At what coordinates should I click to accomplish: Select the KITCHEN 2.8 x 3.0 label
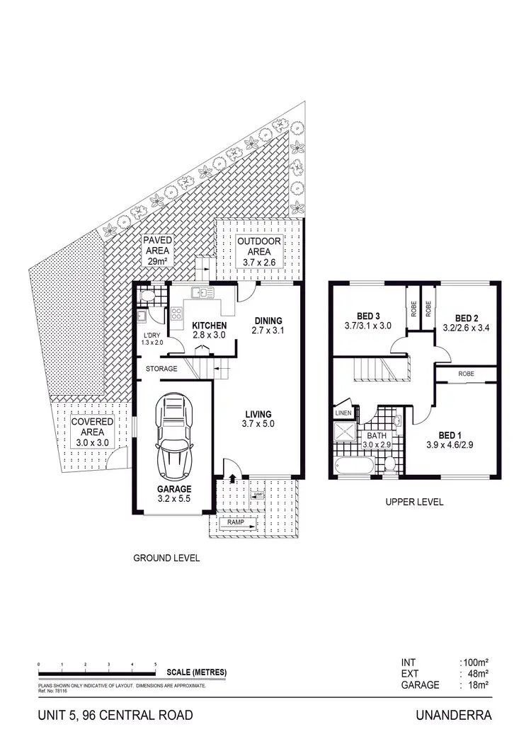tap(208, 331)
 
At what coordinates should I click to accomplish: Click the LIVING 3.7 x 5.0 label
tap(258, 419)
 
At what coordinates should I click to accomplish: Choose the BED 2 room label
tap(467, 323)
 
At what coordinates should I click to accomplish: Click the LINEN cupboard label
tap(343, 413)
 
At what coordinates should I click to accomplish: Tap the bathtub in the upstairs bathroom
tap(354, 466)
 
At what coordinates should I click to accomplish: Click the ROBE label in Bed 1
tap(466, 373)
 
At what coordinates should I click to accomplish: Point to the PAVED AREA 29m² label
tap(158, 251)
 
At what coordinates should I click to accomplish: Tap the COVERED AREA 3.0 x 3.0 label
tap(91, 432)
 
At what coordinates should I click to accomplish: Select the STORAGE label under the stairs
tap(161, 369)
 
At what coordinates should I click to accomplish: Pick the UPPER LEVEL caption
tap(414, 502)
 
